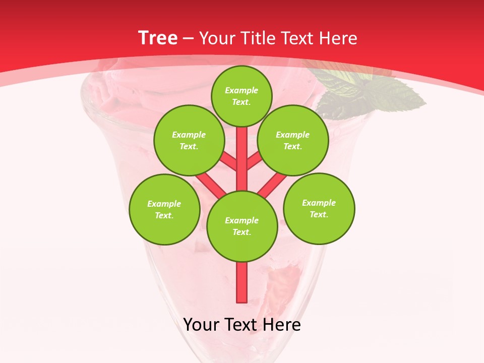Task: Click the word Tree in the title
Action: point(158,38)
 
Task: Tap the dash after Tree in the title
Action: point(188,39)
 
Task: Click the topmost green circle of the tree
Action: point(241,96)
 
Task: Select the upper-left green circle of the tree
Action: point(189,140)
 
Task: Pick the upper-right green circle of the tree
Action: point(292,140)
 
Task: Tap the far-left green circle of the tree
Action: point(164,209)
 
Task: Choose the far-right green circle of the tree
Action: point(319,208)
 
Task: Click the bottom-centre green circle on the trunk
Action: point(241,226)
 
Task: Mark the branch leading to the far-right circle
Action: point(272,185)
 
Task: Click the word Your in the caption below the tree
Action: point(202,325)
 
